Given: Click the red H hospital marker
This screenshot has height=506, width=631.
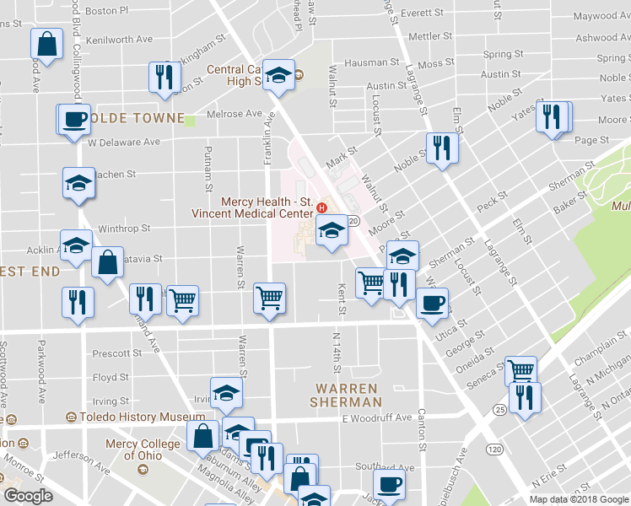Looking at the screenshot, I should pyautogui.click(x=321, y=207).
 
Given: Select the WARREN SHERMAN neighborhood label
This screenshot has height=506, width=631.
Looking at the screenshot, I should pyautogui.click(x=348, y=395).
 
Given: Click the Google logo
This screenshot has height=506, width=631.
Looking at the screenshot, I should pyautogui.click(x=28, y=495).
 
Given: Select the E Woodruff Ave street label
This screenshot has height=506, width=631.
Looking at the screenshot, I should pyautogui.click(x=376, y=418).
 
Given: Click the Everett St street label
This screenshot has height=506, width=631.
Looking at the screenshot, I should pyautogui.click(x=423, y=13).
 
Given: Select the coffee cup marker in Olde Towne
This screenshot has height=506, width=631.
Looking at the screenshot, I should pyautogui.click(x=74, y=118).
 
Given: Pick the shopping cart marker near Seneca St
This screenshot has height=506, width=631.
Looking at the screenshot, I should pyautogui.click(x=520, y=369).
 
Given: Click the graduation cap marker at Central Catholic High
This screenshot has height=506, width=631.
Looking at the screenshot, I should pyautogui.click(x=277, y=74).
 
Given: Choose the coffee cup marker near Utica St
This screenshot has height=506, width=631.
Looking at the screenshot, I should pyautogui.click(x=432, y=303).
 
